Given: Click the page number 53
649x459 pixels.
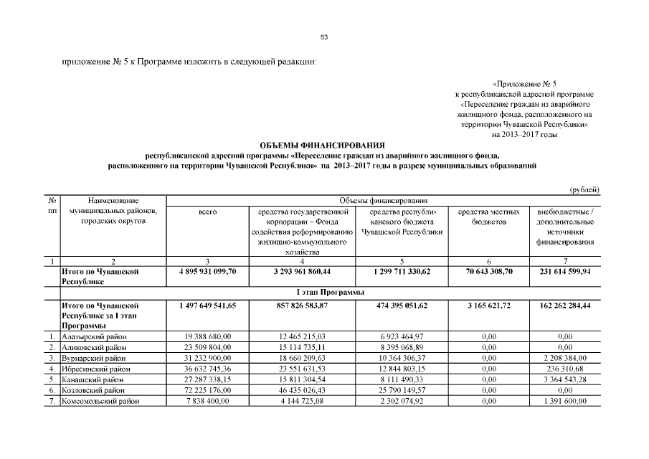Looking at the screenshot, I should [x=324, y=37].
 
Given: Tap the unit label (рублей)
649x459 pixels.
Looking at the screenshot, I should [x=584, y=189].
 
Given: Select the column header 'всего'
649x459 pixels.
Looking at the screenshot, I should [x=207, y=212].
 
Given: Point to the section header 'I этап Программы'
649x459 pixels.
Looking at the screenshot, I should [x=329, y=293].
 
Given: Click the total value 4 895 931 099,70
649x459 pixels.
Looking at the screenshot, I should [x=207, y=272].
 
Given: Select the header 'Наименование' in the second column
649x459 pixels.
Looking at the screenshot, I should [x=113, y=201].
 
